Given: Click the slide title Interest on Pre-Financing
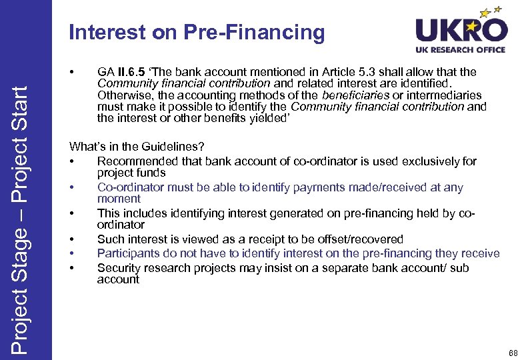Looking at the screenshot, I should (197, 32).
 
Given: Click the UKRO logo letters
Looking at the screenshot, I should (461, 30).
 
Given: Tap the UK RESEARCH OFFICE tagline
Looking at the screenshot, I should (461, 50).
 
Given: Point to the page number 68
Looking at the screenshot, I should (512, 352).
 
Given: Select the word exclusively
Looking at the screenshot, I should (419, 161).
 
